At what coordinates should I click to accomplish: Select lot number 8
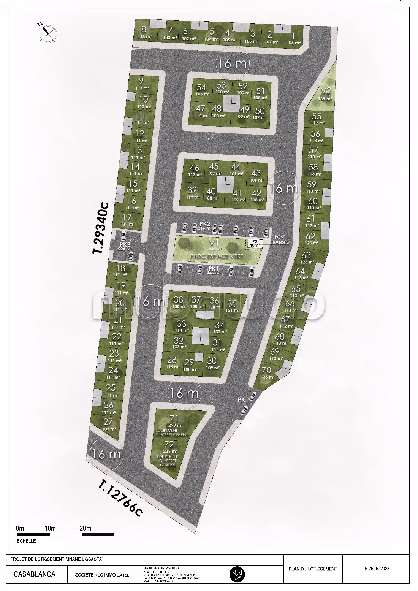pyautogui.click(x=144, y=32)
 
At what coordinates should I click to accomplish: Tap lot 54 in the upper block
pyautogui.click(x=202, y=90)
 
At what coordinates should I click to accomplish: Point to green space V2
pyautogui.click(x=326, y=93)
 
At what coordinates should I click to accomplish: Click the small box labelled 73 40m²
pyautogui.click(x=255, y=243)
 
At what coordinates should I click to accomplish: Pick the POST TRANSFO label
pyautogui.click(x=280, y=239)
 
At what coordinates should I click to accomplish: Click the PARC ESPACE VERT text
pyautogui.click(x=217, y=257)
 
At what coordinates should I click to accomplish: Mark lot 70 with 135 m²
pyautogui.click(x=267, y=372)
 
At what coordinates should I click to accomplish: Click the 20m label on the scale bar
pyautogui.click(x=85, y=528)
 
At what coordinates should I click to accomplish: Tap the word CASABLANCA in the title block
pyautogui.click(x=35, y=574)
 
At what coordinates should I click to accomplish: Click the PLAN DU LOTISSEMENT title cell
pyautogui.click(x=313, y=569)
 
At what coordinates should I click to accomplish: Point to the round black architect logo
pyautogui.click(x=237, y=573)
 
